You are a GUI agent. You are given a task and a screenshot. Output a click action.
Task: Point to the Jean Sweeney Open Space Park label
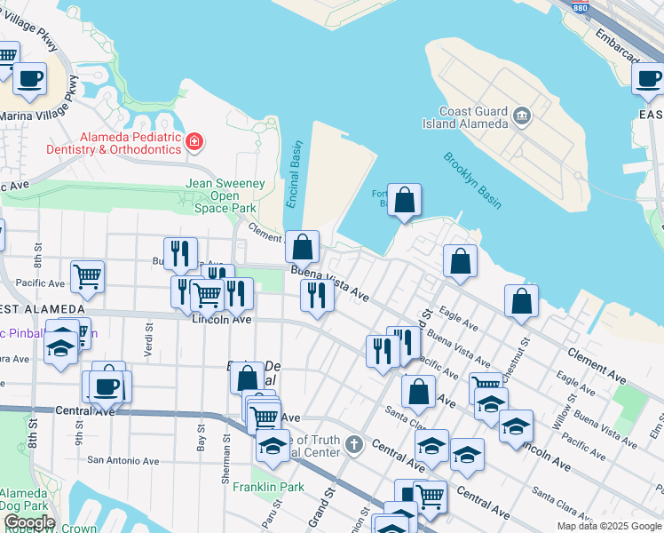click(225, 195)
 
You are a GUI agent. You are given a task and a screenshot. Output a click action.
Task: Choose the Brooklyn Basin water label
click(472, 180)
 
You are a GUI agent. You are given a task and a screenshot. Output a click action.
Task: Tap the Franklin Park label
click(268, 487)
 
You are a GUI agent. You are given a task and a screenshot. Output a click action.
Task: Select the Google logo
click(28, 522)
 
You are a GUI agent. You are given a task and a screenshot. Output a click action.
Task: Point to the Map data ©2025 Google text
click(608, 526)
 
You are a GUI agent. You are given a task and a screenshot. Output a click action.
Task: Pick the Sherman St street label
click(227, 465)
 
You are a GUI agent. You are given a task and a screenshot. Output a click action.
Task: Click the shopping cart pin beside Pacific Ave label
click(87, 277)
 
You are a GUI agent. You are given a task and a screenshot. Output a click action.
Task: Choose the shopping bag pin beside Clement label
click(302, 246)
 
